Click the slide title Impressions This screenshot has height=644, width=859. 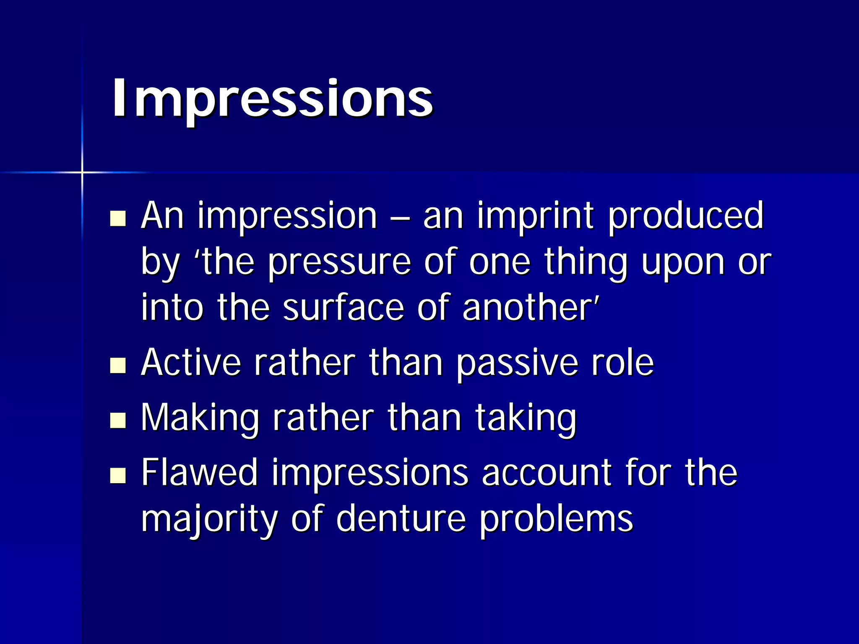coord(272,98)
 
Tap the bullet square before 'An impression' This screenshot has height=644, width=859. coord(118,218)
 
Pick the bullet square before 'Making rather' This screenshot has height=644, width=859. coord(118,420)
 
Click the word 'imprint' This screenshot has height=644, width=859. coord(536,216)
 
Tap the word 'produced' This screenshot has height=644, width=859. coord(686,216)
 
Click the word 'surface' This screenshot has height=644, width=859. coord(343,308)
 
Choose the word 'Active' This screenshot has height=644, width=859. coord(191,363)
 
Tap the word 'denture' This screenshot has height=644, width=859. coord(401,519)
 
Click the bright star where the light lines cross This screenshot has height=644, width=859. coord(82,172)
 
